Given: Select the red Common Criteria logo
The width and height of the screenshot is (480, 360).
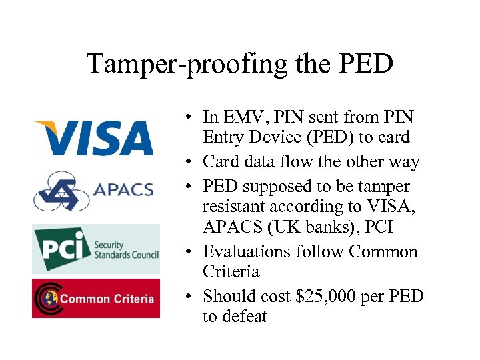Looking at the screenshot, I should tap(96, 298).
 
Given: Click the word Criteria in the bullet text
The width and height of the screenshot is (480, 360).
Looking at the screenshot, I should tap(231, 272).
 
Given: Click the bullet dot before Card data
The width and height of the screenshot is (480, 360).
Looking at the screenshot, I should tap(190, 162).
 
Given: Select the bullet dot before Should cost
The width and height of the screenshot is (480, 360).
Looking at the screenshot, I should tap(190, 295).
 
